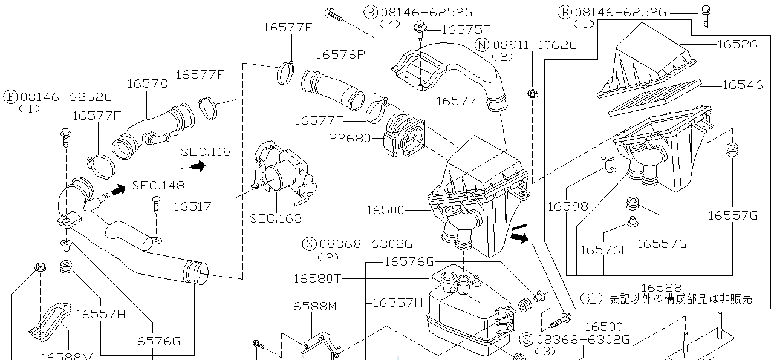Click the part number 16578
(148, 83)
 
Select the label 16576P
(340, 54)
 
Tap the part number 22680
(350, 138)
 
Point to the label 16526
(737, 44)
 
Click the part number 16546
(743, 85)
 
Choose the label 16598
(567, 206)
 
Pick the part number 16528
(661, 287)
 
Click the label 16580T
(317, 278)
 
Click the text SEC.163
(275, 218)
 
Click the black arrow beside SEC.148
(118, 189)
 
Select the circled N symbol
(482, 45)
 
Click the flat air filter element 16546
(656, 99)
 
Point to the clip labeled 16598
(609, 164)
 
